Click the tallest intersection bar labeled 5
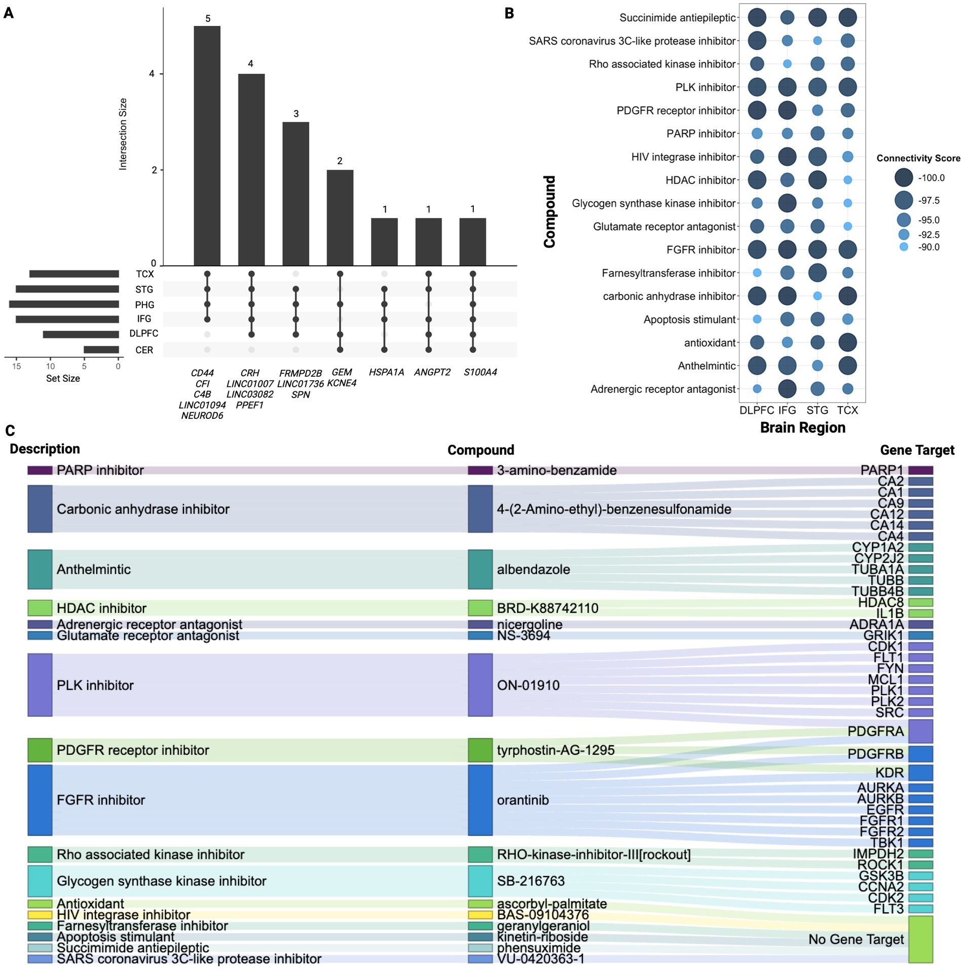pos(207,146)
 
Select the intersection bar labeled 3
pos(295,194)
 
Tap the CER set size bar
pos(101,350)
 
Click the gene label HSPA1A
pos(386,372)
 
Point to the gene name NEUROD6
pos(202,416)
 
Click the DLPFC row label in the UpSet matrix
pos(143,334)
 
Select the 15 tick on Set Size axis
pos(17,366)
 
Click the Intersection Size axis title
pos(123,134)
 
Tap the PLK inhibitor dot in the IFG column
pos(787,87)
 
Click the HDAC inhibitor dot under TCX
pos(847,180)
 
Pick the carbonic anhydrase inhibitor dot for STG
pos(817,296)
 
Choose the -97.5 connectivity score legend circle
pos(903,200)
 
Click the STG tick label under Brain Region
pos(817,410)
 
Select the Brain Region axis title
pos(802,428)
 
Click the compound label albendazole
pos(533,569)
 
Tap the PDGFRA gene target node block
pos(920,731)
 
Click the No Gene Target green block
pos(920,939)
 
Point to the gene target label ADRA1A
pos(876,624)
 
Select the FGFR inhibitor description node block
pos(40,800)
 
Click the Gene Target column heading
pos(917,450)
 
